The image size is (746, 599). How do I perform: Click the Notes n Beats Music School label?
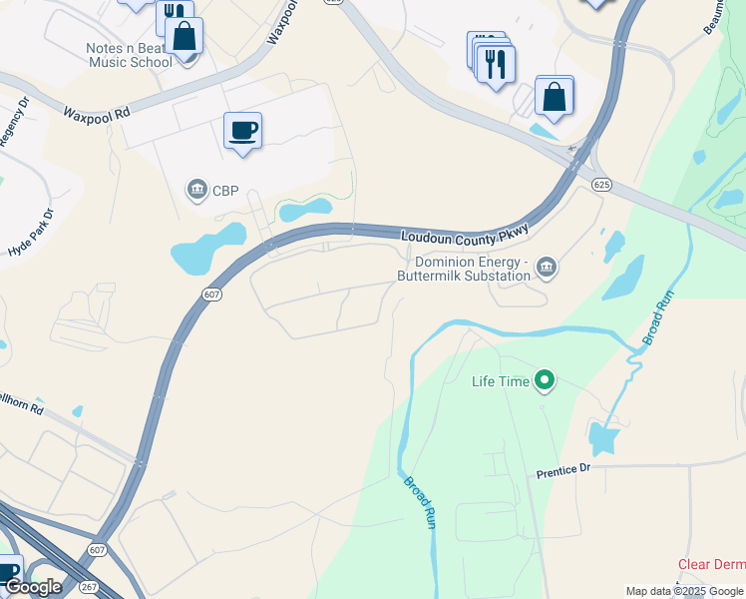click(x=115, y=54)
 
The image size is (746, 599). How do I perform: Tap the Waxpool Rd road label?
click(x=98, y=114)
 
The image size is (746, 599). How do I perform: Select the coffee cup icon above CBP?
click(x=242, y=130)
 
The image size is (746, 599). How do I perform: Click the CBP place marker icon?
click(x=196, y=189)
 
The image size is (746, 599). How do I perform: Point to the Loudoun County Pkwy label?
click(x=462, y=238)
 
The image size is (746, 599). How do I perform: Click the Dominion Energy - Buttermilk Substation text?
click(x=464, y=268)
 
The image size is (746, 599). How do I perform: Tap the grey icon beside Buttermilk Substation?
click(x=546, y=267)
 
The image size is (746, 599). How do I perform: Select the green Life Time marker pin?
click(x=545, y=380)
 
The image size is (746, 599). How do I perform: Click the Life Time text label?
click(x=500, y=380)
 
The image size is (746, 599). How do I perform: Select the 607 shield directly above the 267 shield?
click(x=97, y=550)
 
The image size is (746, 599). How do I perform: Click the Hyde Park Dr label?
click(x=26, y=237)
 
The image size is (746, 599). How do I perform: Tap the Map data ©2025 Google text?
click(x=684, y=591)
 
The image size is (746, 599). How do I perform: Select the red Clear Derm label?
click(x=711, y=564)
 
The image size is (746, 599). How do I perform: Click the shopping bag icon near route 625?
click(x=554, y=98)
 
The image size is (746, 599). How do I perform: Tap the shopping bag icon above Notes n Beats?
click(x=184, y=36)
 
